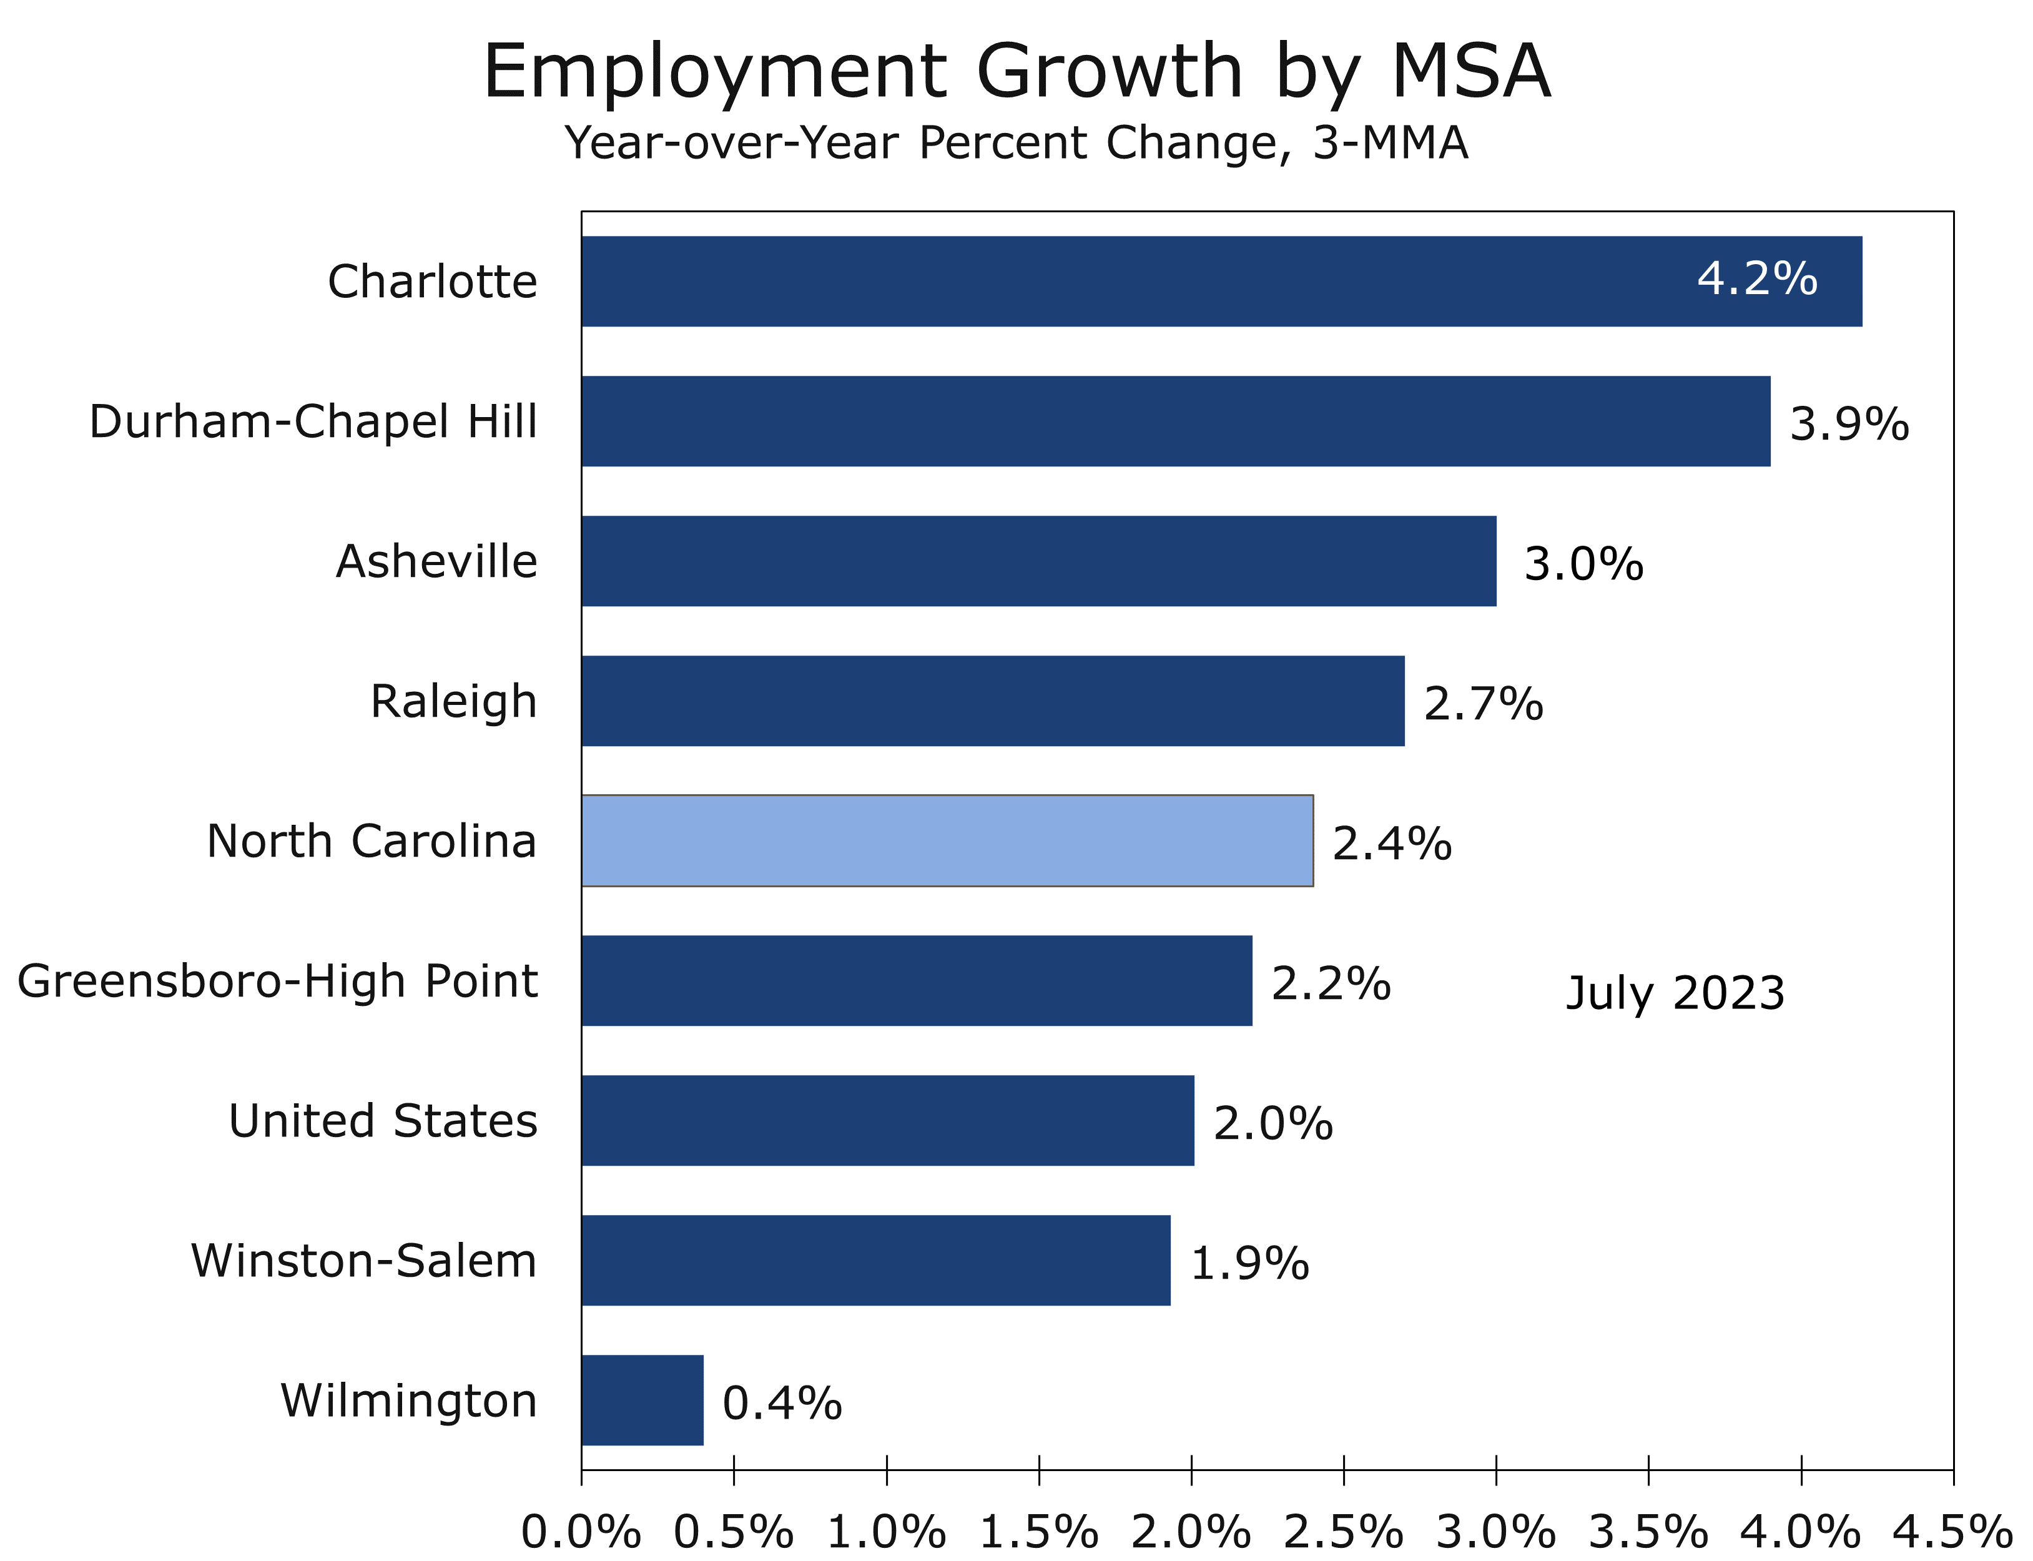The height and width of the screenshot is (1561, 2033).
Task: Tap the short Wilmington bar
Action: [642, 1401]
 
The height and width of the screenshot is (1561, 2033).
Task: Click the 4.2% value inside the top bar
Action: [1756, 278]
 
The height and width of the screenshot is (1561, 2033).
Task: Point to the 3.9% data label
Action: [1848, 425]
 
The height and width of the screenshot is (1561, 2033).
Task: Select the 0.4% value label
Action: [782, 1403]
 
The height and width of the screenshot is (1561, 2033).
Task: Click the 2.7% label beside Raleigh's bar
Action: [1483, 704]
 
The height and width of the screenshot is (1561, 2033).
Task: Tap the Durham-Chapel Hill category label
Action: [313, 422]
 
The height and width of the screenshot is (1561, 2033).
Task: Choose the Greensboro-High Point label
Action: [277, 981]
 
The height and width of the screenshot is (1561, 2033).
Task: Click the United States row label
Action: [383, 1121]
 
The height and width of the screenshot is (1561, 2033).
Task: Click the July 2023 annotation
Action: [1675, 993]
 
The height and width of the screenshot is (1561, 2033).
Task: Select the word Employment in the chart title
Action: [714, 72]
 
